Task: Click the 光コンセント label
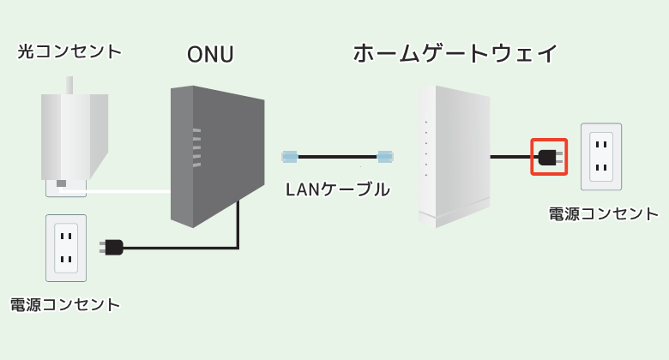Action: [69, 51]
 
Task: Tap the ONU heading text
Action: [210, 55]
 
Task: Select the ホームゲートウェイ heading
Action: [455, 53]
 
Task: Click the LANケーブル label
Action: [337, 189]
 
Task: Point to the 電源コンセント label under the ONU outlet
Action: [65, 305]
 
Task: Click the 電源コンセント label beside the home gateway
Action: [603, 213]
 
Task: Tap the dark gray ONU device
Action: [217, 156]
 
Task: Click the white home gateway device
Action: [454, 156]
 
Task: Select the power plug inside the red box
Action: [551, 157]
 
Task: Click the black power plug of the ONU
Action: [111, 248]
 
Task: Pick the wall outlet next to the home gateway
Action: [601, 157]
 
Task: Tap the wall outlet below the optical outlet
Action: [66, 248]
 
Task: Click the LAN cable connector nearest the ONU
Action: [290, 157]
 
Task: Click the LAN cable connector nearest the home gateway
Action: [385, 157]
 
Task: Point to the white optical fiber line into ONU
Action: [115, 191]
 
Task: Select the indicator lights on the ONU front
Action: [196, 147]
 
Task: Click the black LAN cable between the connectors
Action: [337, 157]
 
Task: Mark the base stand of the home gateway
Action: [454, 217]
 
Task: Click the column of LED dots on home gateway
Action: [426, 148]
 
